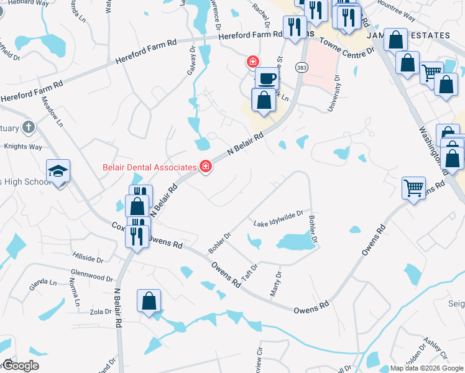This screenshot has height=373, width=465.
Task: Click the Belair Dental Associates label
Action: coord(149,167)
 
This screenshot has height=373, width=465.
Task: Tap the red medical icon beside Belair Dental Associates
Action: coord(205,167)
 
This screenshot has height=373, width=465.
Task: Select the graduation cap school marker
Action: coord(58,171)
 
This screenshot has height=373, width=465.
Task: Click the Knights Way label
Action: coord(23,147)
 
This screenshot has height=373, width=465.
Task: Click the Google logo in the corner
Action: coord(20,366)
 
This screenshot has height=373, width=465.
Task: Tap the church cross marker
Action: coord(27,127)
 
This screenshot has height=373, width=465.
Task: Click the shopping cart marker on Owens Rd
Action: coord(413,186)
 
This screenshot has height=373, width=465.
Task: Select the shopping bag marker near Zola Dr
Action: coord(149,301)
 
